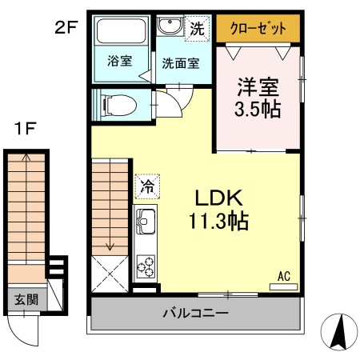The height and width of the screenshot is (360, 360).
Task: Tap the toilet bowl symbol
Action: (x=119, y=105)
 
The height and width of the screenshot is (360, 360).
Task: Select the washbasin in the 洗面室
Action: (x=170, y=26)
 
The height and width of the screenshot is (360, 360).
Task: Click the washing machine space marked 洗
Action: (x=198, y=29)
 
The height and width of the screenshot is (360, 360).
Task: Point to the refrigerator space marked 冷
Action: (x=147, y=186)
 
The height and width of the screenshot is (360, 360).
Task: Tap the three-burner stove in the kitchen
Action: (x=146, y=266)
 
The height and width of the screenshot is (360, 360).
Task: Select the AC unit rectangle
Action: (x=283, y=287)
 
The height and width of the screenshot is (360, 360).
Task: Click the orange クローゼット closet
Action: (x=258, y=28)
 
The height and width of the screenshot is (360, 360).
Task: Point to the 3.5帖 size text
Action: (x=258, y=109)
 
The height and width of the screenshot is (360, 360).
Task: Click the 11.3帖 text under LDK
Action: (x=218, y=221)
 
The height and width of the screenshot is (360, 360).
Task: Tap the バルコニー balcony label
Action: (x=196, y=313)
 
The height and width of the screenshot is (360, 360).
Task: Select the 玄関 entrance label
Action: (x=26, y=300)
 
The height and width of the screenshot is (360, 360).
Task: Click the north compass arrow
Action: (x=340, y=331)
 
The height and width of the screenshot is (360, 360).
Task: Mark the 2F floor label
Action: (x=66, y=28)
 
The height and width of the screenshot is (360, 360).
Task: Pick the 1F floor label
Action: (x=26, y=129)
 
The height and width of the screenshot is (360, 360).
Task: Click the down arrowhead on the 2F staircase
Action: (x=110, y=247)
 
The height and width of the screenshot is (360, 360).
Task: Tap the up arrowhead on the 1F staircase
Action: (x=26, y=158)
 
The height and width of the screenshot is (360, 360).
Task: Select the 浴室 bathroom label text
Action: (x=120, y=61)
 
